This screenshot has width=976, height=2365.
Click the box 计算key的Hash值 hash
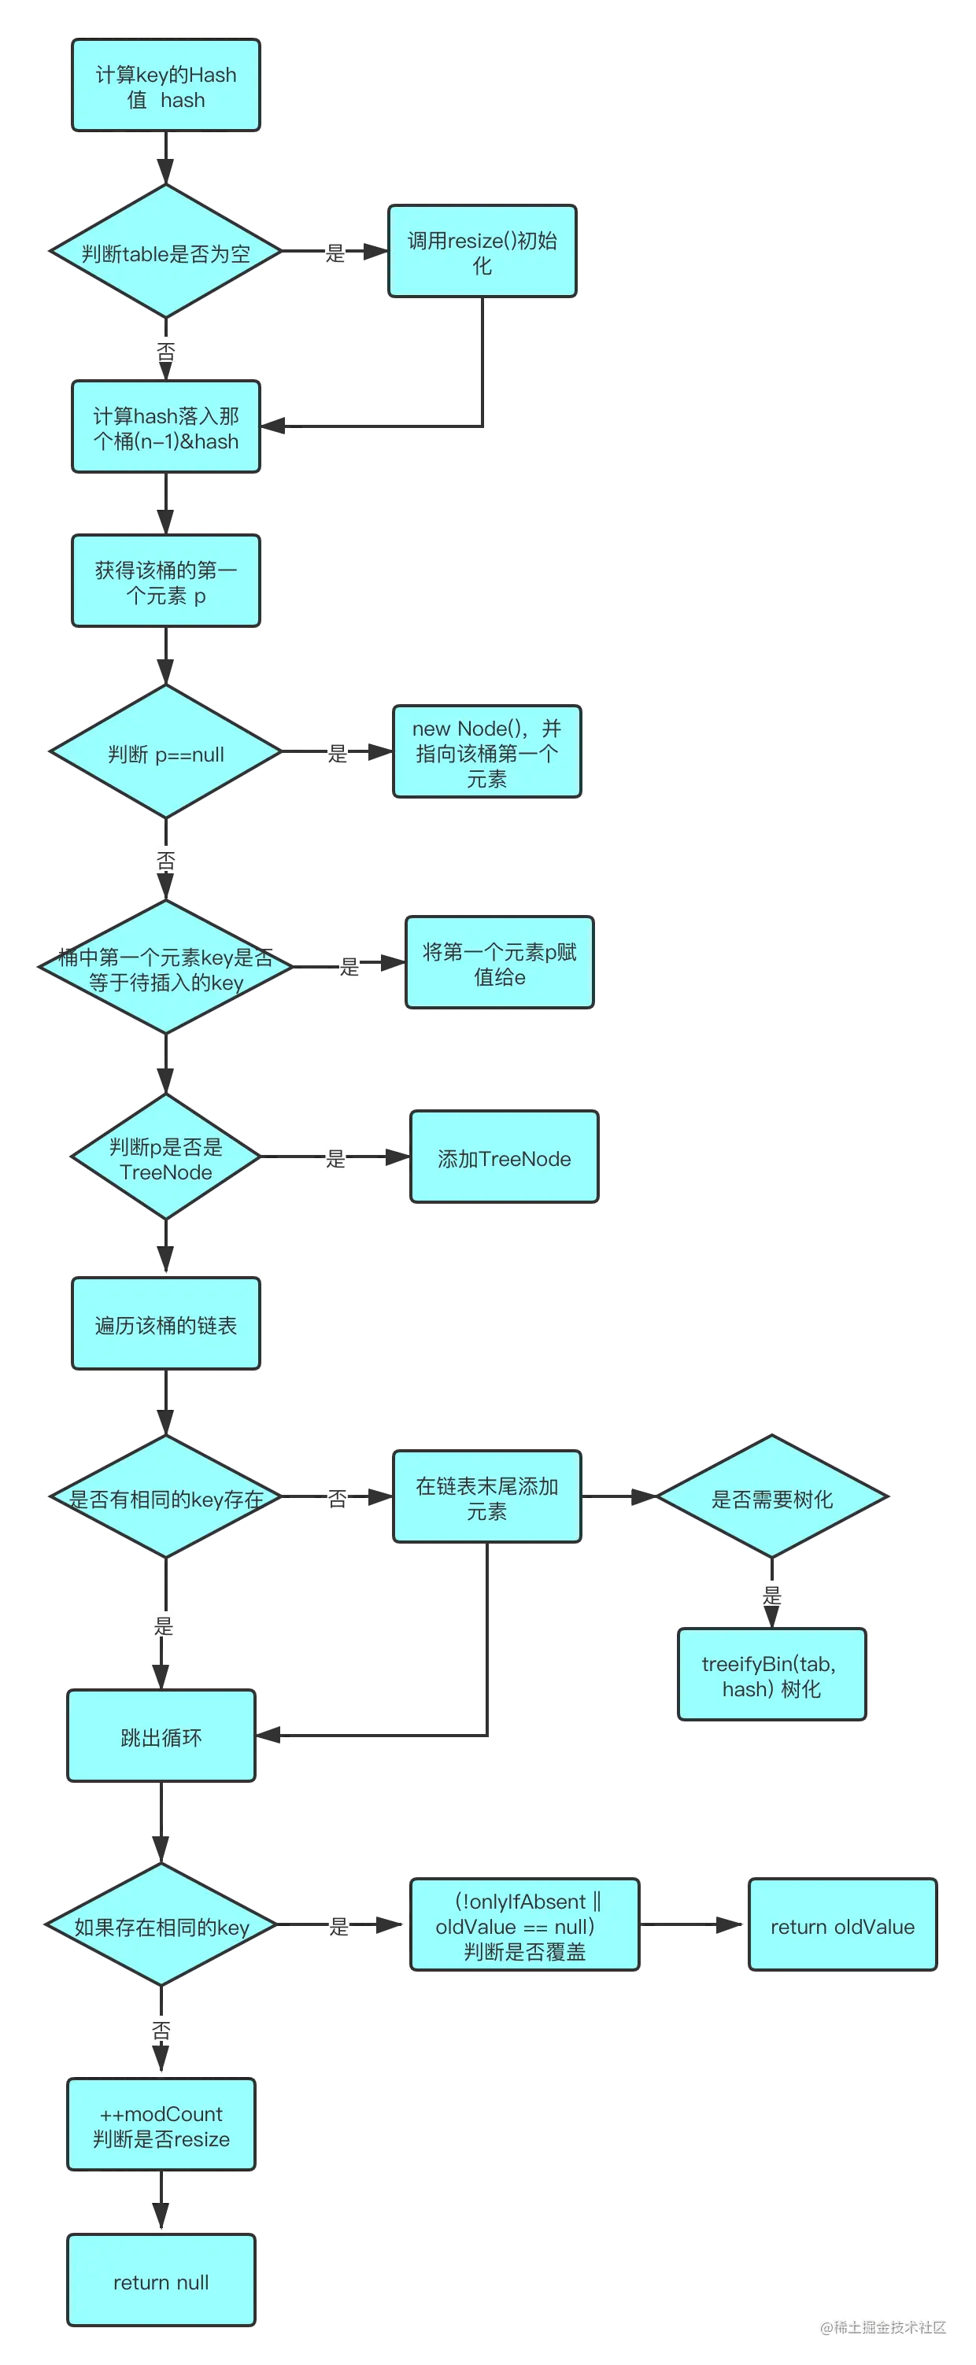point(166,86)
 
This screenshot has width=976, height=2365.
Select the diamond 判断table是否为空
point(166,252)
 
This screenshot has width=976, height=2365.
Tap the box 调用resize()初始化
point(482,252)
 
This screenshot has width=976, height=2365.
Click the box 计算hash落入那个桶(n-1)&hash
point(166,428)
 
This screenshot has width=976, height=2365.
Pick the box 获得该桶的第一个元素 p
point(166,581)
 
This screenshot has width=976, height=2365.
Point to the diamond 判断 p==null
point(166,753)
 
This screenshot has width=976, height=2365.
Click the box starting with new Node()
point(486,752)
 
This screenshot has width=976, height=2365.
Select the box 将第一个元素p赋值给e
point(500,963)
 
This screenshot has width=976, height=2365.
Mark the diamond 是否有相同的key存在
point(166,1497)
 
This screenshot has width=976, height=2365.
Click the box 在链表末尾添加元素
point(486,1497)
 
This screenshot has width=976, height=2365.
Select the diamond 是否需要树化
point(772,1497)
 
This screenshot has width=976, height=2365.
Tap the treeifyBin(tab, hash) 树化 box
point(771,1676)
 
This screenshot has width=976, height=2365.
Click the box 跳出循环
point(161,1736)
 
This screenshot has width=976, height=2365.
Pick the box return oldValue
point(842,1925)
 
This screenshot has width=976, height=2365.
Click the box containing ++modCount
point(161,2124)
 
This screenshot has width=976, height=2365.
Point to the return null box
point(161,2281)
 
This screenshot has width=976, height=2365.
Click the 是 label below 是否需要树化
point(773,1595)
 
